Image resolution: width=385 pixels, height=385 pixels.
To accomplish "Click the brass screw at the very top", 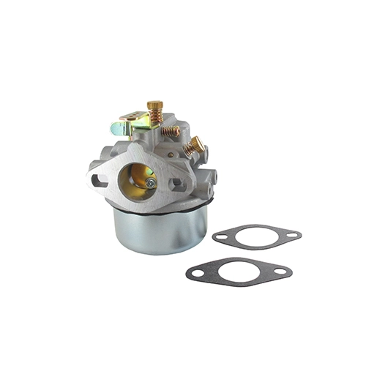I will [x=154, y=106].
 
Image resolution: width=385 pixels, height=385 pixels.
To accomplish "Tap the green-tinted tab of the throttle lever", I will [x=116, y=130].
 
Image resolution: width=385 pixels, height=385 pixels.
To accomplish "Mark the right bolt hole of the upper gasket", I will [x=291, y=236].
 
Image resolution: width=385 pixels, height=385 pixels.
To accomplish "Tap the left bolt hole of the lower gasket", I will [x=195, y=274].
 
